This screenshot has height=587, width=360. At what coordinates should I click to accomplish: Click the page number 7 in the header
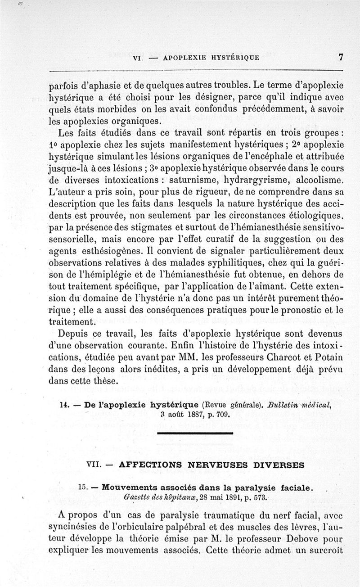[341, 57]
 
